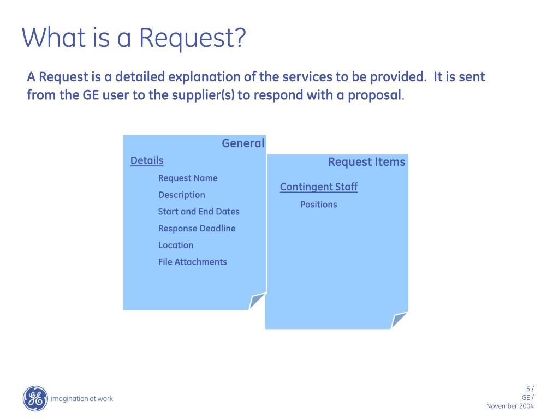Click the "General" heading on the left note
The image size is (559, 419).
[242, 143]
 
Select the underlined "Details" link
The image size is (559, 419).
[147, 160]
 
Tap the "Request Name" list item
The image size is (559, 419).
[188, 178]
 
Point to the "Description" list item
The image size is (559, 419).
[182, 195]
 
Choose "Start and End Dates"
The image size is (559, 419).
[199, 212]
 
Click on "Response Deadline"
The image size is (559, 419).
[197, 229]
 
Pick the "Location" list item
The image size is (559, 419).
[176, 246]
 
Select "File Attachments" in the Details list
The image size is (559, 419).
[193, 262]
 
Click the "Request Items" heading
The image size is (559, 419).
[366, 162]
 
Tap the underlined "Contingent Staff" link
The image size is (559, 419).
[319, 187]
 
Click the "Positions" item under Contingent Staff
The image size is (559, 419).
[319, 205]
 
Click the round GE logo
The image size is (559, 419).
[35, 398]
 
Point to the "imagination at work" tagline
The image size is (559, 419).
[82, 399]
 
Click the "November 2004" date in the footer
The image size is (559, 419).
[510, 406]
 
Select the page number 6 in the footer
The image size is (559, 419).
[527, 389]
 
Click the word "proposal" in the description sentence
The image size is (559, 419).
[374, 95]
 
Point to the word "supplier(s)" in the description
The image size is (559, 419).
[203, 95]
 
